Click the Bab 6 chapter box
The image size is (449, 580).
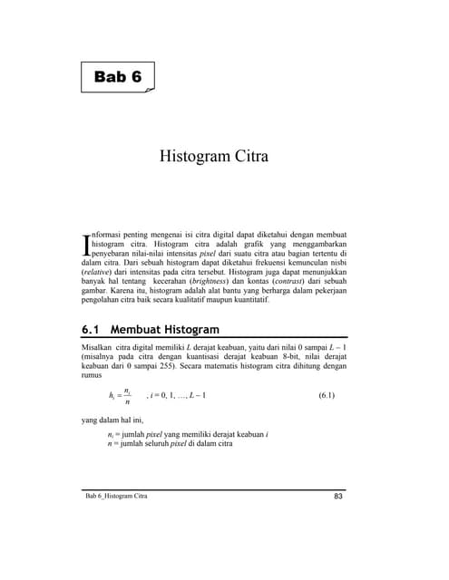pos(118,78)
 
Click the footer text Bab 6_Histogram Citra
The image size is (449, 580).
pos(116,497)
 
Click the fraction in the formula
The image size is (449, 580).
pos(126,396)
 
